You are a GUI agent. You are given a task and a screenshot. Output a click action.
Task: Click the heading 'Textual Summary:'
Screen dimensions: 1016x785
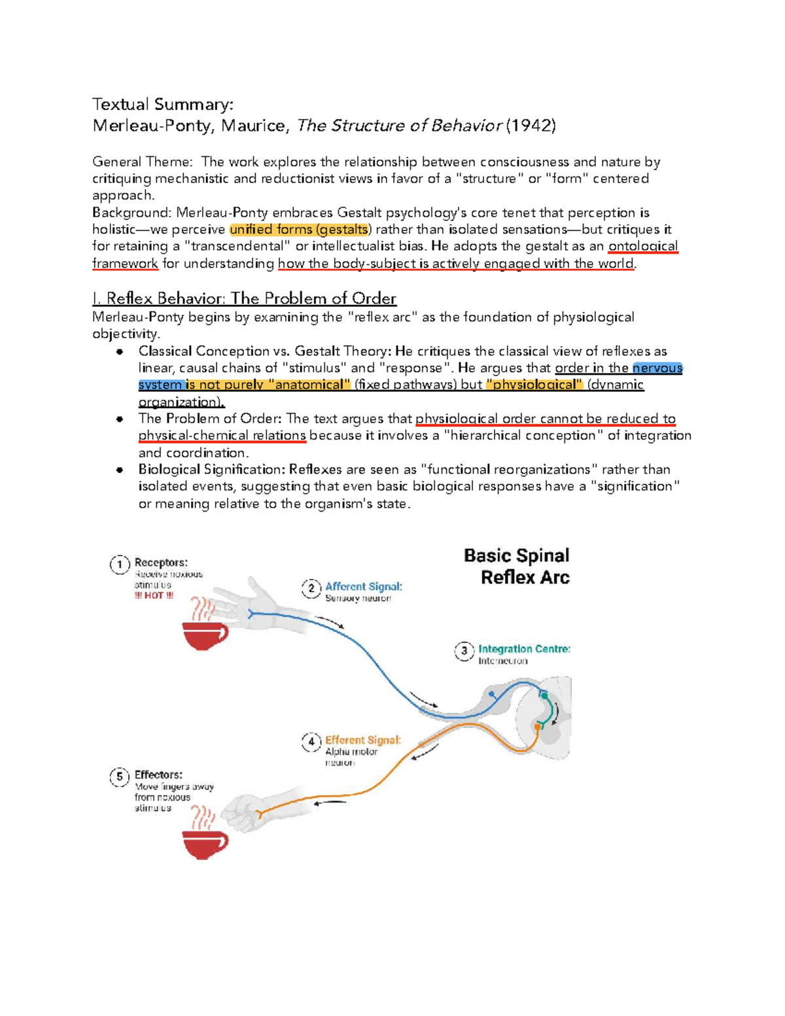coord(162,105)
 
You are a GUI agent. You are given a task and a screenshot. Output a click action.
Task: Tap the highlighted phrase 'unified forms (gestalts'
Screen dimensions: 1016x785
coord(299,230)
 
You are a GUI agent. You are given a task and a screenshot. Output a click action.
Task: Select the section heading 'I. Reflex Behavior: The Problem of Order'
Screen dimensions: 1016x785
coord(244,299)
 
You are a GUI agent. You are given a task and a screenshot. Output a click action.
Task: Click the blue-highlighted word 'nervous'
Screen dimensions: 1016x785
coord(657,368)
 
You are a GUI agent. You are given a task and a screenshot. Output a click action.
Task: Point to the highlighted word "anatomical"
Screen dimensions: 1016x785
coord(310,385)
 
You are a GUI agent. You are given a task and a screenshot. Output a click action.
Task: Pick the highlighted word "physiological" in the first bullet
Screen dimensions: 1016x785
coord(534,385)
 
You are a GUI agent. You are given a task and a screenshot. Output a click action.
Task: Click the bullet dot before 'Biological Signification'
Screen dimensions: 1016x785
coord(120,470)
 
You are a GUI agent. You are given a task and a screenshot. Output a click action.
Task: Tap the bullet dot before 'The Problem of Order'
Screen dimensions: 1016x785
coord(120,419)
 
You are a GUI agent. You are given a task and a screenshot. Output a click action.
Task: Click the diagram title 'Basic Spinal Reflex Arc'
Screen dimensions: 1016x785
coord(517,567)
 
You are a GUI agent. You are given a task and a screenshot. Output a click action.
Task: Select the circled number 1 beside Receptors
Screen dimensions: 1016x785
coord(120,564)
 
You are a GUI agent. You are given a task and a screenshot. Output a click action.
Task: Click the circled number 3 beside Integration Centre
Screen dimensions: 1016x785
coord(464,651)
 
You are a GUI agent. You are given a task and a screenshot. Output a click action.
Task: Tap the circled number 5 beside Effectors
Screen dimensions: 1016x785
coord(120,777)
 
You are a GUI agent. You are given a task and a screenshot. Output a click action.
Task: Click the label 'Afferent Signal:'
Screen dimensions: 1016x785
coord(364,587)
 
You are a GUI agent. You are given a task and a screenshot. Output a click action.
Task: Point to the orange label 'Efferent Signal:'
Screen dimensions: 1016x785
coord(363,740)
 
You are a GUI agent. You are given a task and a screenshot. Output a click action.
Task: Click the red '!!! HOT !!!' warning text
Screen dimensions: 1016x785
coord(154,595)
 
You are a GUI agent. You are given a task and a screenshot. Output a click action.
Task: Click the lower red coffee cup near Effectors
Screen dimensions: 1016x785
coord(205,843)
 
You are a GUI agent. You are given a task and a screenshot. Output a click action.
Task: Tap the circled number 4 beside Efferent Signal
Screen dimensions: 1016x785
coord(311,742)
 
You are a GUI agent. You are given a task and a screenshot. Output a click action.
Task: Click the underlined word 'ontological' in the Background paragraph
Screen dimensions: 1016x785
coord(643,247)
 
